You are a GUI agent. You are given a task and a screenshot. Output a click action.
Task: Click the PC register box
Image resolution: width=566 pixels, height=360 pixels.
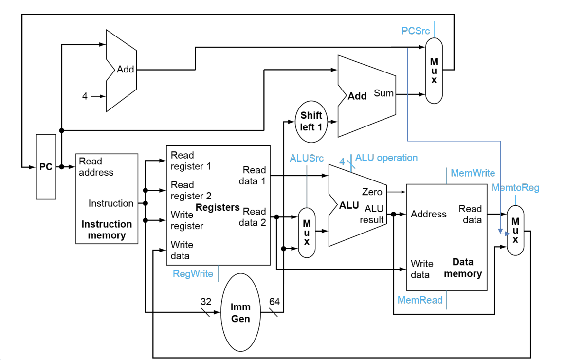46,167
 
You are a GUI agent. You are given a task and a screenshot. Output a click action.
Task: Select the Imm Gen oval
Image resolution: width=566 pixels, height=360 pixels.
240,312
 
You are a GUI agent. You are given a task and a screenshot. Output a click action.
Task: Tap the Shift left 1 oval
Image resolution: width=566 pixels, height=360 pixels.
311,122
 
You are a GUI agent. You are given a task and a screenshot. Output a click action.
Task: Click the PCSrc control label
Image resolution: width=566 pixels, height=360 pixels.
416,31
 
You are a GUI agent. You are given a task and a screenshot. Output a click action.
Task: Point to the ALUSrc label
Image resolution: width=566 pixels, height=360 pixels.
307,158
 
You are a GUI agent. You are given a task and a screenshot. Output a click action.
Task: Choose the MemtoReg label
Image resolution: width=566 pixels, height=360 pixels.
515,188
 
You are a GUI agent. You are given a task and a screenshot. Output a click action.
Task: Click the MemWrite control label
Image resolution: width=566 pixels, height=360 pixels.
473,173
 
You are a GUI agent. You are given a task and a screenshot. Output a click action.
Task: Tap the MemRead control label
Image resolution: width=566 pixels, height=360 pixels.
420,300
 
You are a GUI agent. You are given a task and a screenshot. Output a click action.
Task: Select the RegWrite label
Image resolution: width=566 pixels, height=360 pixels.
193,274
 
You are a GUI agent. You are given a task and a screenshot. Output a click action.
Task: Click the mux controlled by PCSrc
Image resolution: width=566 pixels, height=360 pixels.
434,71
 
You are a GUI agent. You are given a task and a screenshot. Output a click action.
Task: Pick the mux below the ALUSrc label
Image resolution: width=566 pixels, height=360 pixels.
307,233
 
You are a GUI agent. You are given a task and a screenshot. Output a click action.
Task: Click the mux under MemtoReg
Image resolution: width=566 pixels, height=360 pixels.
515,231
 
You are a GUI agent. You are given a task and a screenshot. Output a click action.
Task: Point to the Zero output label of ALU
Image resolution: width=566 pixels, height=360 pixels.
372,192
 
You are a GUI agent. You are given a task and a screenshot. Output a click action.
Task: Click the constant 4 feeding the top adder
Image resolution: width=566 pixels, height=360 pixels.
85,96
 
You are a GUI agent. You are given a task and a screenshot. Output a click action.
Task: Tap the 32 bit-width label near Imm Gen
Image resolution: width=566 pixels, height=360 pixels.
206,302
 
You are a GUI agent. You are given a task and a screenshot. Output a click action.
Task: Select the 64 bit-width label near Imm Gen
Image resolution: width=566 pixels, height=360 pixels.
274,302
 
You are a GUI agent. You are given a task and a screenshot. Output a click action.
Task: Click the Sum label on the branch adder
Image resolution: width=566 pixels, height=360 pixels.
383,93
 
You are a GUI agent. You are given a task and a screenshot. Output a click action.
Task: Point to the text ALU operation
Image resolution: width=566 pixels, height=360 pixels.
386,158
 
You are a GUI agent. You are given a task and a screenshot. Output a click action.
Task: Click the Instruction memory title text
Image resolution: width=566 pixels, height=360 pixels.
107,230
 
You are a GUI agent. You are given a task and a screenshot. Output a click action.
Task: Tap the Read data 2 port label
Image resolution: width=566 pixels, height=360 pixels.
252,217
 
